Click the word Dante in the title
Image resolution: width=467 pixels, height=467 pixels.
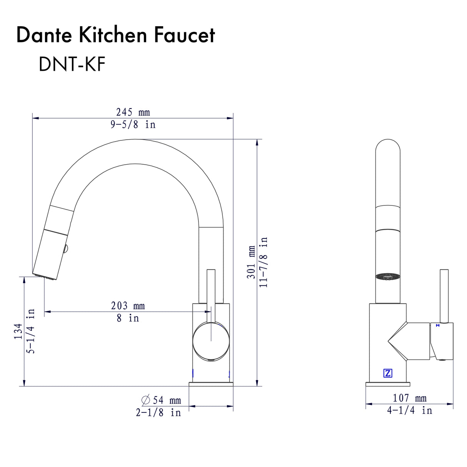point(44,35)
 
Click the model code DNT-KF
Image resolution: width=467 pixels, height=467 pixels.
point(72,64)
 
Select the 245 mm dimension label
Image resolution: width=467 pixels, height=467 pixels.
point(133,112)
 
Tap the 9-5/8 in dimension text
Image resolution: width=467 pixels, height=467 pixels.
point(133,125)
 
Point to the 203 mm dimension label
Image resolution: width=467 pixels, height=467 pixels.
point(128,306)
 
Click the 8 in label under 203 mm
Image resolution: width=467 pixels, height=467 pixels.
point(128,318)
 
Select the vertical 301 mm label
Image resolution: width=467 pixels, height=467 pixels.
point(251,262)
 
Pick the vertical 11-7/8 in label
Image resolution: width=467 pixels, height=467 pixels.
point(264,262)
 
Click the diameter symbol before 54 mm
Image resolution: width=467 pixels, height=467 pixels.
point(146,400)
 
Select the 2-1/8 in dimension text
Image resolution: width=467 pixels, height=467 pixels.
point(158,413)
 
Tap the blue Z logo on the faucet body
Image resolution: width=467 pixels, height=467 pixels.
point(388,373)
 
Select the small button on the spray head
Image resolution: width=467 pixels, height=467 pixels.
point(66,249)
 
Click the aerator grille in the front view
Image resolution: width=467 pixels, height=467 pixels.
point(388,277)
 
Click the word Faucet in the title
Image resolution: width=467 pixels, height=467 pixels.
point(184,35)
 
